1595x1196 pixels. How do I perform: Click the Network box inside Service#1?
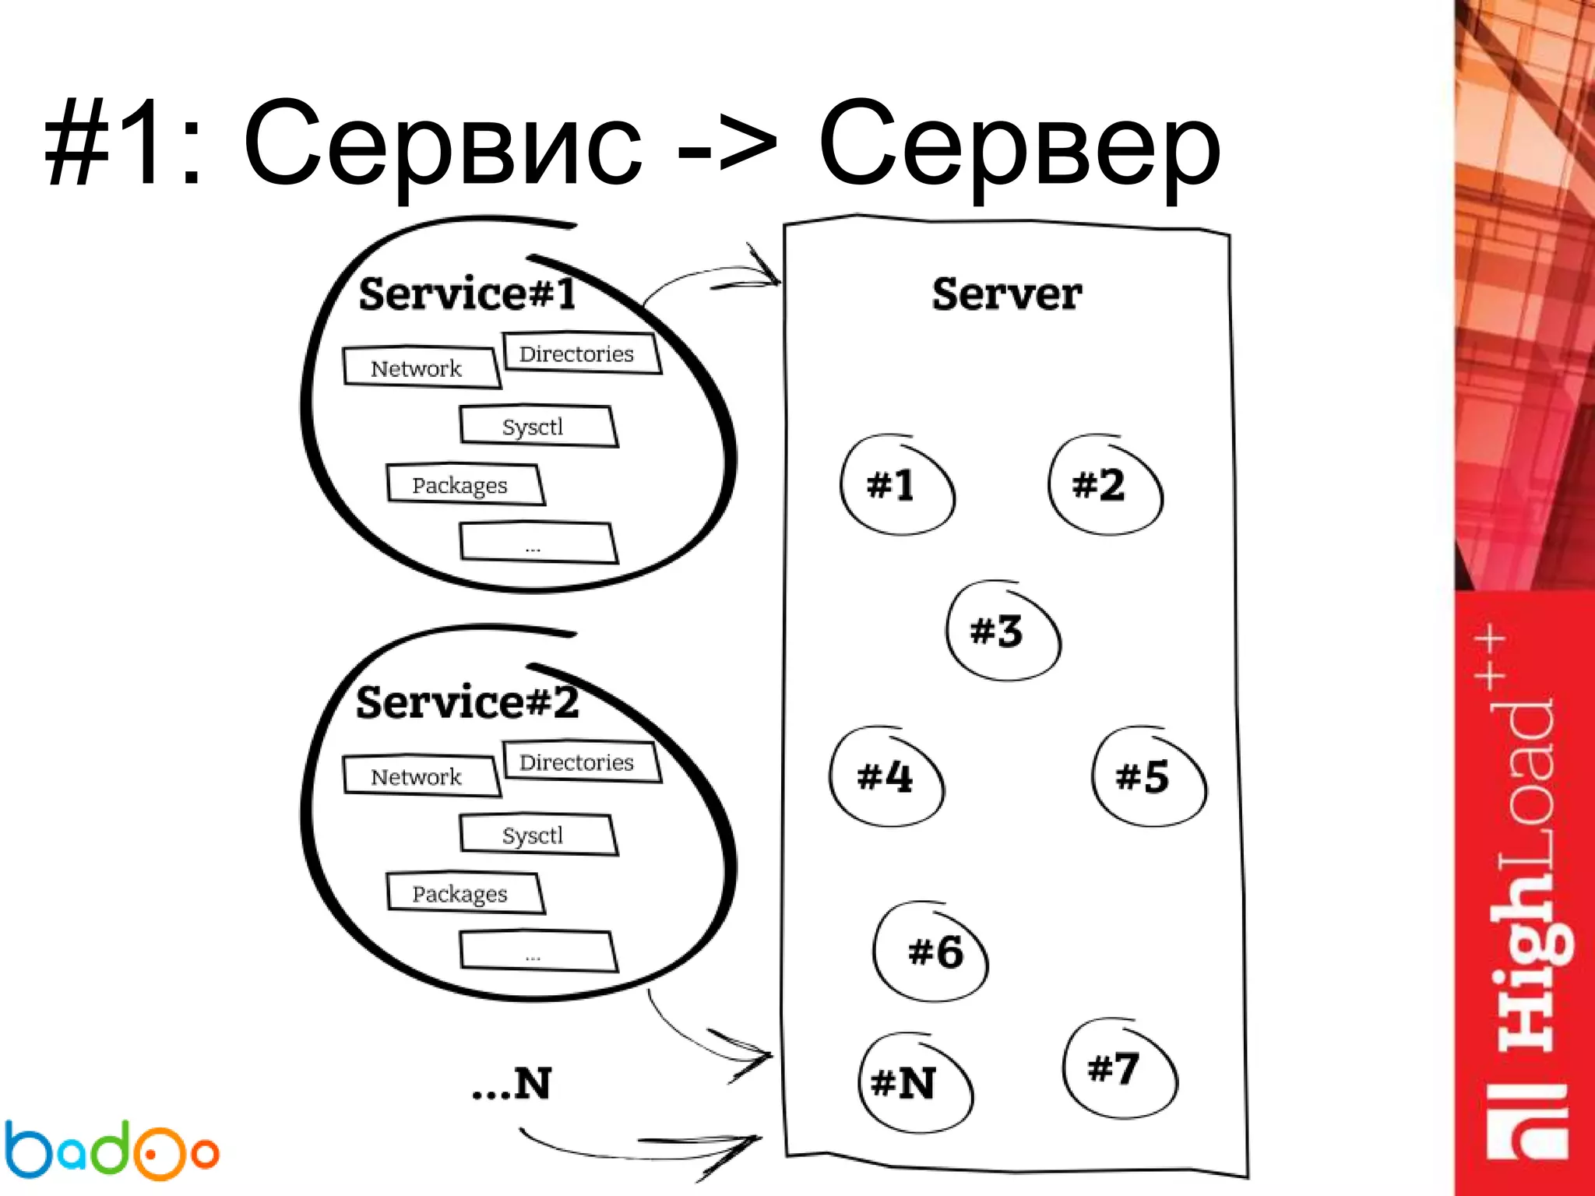(420, 368)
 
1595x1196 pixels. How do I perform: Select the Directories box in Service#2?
(580, 762)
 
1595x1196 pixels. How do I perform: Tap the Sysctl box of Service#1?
(537, 426)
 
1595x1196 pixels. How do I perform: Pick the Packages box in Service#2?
(464, 893)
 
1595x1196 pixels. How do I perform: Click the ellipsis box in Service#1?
(537, 543)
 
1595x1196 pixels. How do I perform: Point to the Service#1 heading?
(467, 294)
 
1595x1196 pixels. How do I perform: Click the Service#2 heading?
(467, 702)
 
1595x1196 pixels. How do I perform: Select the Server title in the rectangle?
(1006, 294)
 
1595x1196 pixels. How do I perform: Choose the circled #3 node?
(1003, 630)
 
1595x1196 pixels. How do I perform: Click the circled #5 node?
(1148, 776)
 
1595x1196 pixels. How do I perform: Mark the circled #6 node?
(931, 952)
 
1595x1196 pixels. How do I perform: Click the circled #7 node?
(1119, 1068)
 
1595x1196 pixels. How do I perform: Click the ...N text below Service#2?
(512, 1083)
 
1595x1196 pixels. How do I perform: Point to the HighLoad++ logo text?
(1526, 895)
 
